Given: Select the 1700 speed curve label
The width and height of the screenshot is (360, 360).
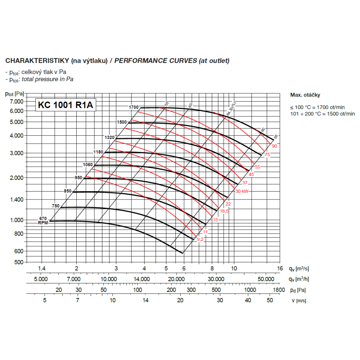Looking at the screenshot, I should (134, 107).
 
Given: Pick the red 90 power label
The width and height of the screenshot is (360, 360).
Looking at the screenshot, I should (274, 146).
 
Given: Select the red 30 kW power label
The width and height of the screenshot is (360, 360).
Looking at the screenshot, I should (242, 191).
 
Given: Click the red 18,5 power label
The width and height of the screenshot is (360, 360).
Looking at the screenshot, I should (224, 211).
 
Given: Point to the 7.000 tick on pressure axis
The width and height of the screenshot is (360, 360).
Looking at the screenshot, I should (16, 102).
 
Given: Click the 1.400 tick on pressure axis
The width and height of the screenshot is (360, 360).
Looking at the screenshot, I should (16, 199).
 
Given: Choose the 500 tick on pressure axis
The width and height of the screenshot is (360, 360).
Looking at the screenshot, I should (19, 262).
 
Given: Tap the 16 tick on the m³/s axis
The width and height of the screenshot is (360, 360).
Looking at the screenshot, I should (279, 269).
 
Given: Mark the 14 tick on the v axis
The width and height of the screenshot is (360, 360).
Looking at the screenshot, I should (145, 300).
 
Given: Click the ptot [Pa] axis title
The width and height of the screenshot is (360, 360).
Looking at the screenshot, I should (15, 94).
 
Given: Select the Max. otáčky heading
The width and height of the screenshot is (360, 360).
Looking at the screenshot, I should (305, 95).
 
